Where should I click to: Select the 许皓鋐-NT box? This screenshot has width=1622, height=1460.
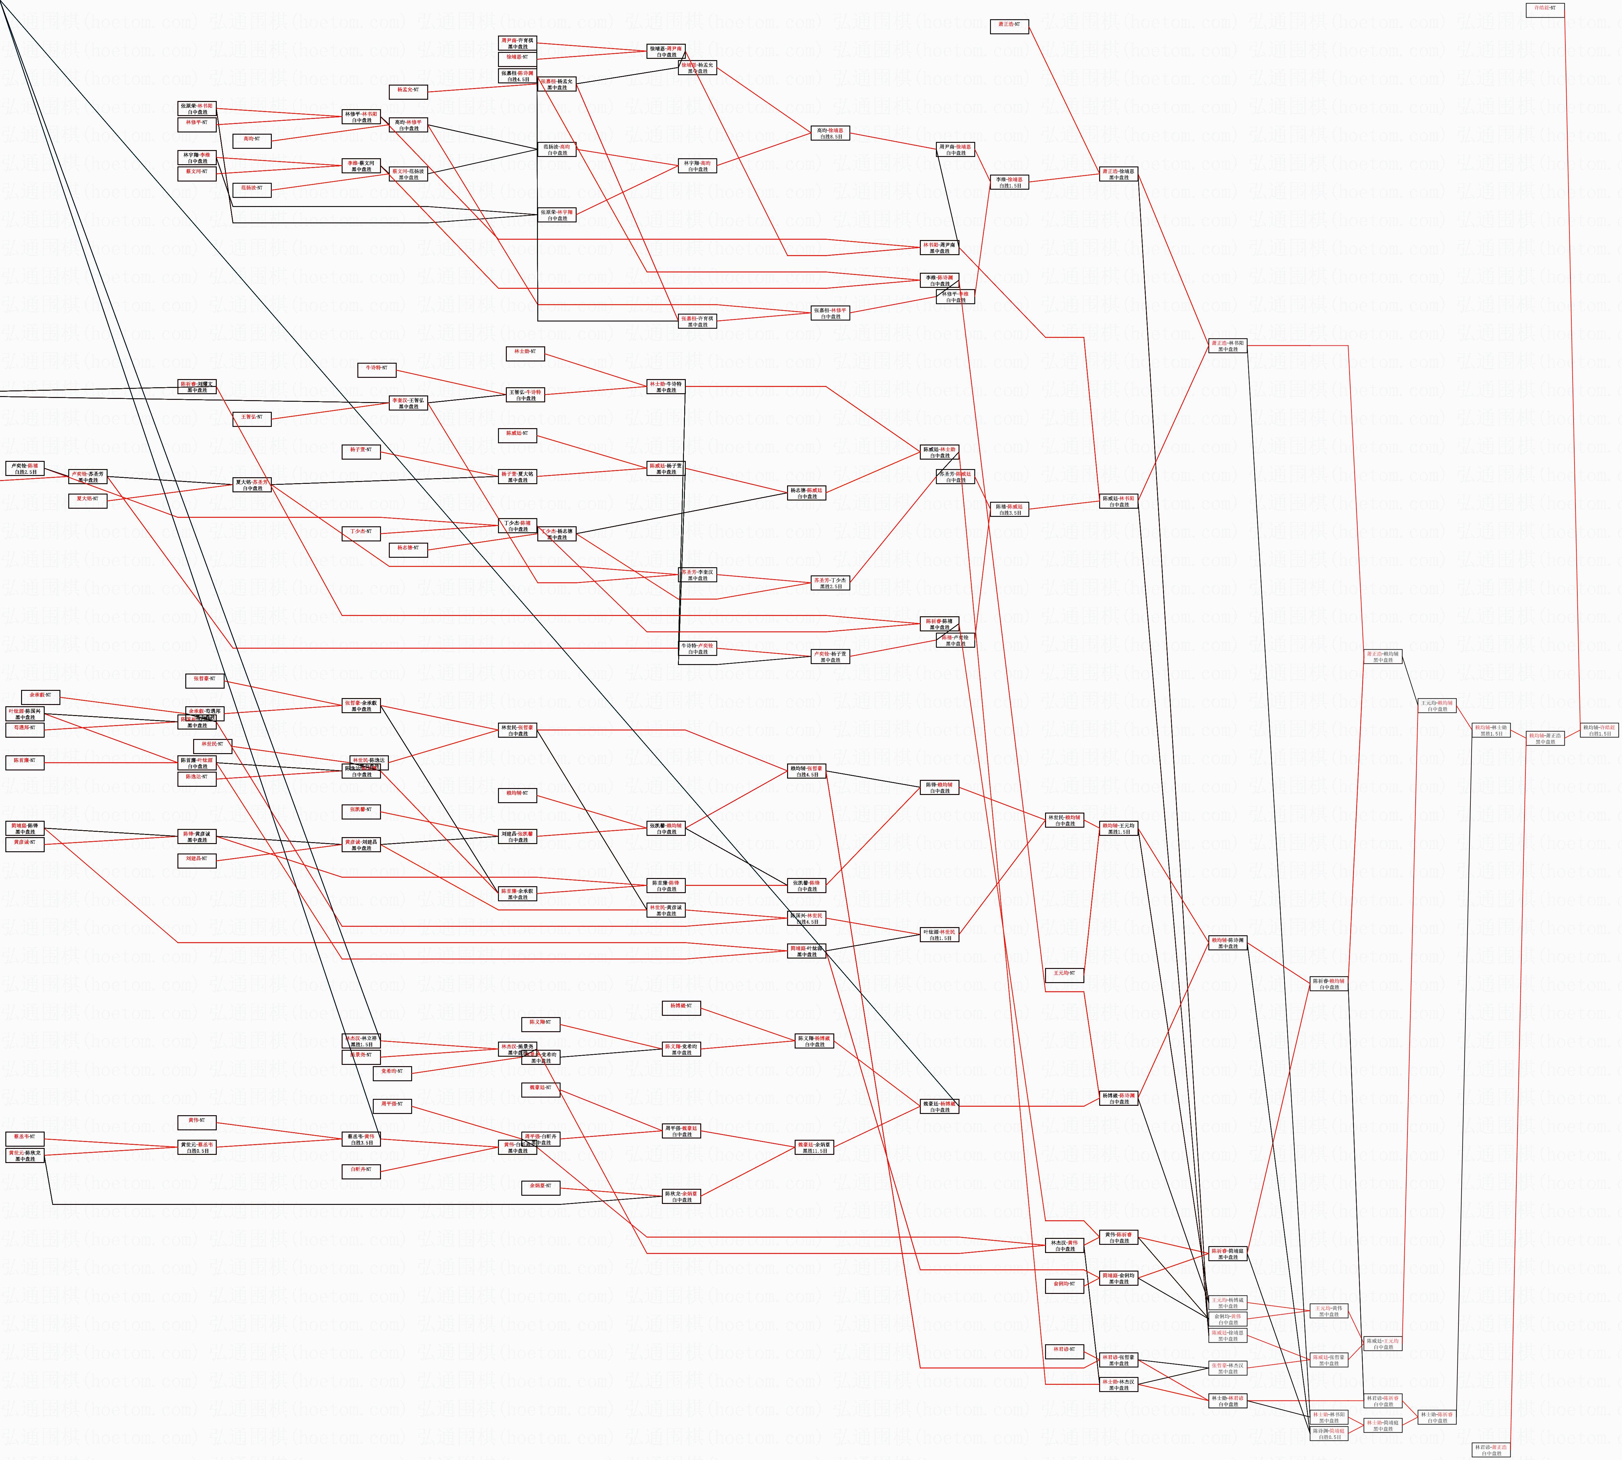pyautogui.click(x=1544, y=9)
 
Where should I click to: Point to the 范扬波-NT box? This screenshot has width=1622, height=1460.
pyautogui.click(x=252, y=188)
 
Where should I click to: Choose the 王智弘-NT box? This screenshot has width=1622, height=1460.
pyautogui.click(x=252, y=418)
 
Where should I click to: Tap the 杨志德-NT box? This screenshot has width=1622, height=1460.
pyautogui.click(x=408, y=549)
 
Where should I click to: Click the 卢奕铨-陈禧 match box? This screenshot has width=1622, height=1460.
pyautogui.click(x=25, y=468)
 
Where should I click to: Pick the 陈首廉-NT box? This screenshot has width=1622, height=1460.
pyautogui.click(x=25, y=761)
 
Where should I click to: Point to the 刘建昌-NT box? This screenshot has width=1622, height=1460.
pyautogui.click(x=197, y=859)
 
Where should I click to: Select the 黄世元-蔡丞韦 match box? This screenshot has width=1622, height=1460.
pyautogui.click(x=197, y=1147)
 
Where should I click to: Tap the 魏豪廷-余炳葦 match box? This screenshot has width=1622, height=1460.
pyautogui.click(x=814, y=1147)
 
